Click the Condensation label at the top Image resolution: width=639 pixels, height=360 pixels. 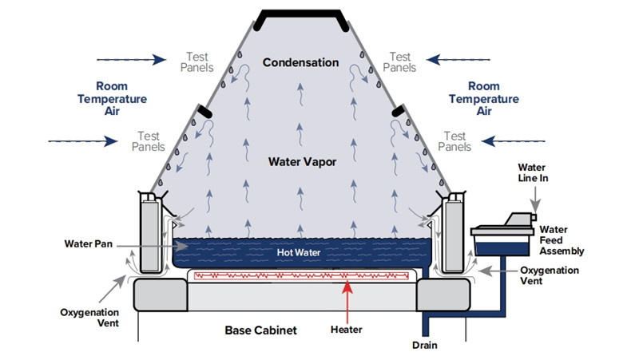pyautogui.click(x=300, y=62)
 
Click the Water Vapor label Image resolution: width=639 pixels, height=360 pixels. pyautogui.click(x=300, y=161)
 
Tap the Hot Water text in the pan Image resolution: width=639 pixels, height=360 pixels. pyautogui.click(x=298, y=252)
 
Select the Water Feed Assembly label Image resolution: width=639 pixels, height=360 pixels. pyautogui.click(x=562, y=240)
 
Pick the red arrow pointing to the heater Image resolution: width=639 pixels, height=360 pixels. pyautogui.click(x=346, y=300)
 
